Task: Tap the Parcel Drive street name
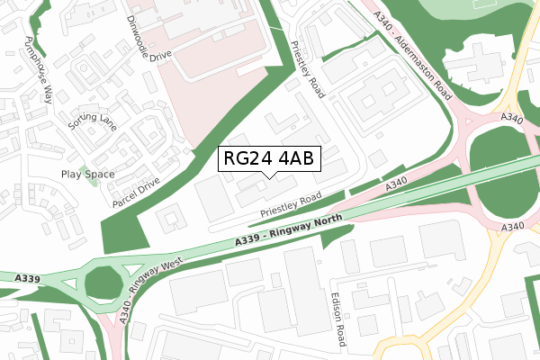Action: click(136, 192)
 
